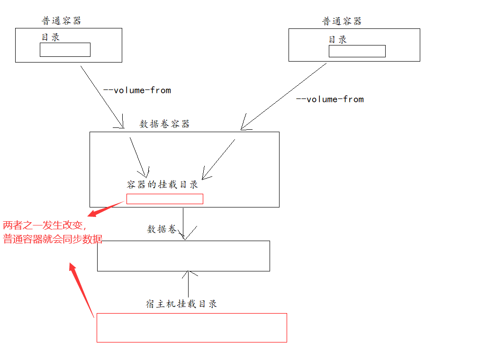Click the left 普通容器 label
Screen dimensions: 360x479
(62, 21)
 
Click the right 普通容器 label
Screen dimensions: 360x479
(342, 21)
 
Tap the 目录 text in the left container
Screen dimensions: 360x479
(51, 37)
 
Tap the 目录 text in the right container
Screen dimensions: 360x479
(338, 40)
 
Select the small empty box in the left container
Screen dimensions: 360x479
(65, 50)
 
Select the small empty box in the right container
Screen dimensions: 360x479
(357, 51)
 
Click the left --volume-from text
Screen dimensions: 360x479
(137, 90)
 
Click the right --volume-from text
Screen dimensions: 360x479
(330, 99)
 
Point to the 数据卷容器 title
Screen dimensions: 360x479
(164, 124)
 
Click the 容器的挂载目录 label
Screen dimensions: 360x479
(163, 185)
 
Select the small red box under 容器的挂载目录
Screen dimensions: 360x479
(164, 199)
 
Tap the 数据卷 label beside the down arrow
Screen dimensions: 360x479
(162, 229)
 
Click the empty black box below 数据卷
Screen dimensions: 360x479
(183, 256)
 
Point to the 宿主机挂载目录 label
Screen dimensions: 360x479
(181, 304)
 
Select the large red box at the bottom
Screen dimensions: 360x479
(191, 327)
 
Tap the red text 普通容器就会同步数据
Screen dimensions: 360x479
(52, 239)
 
